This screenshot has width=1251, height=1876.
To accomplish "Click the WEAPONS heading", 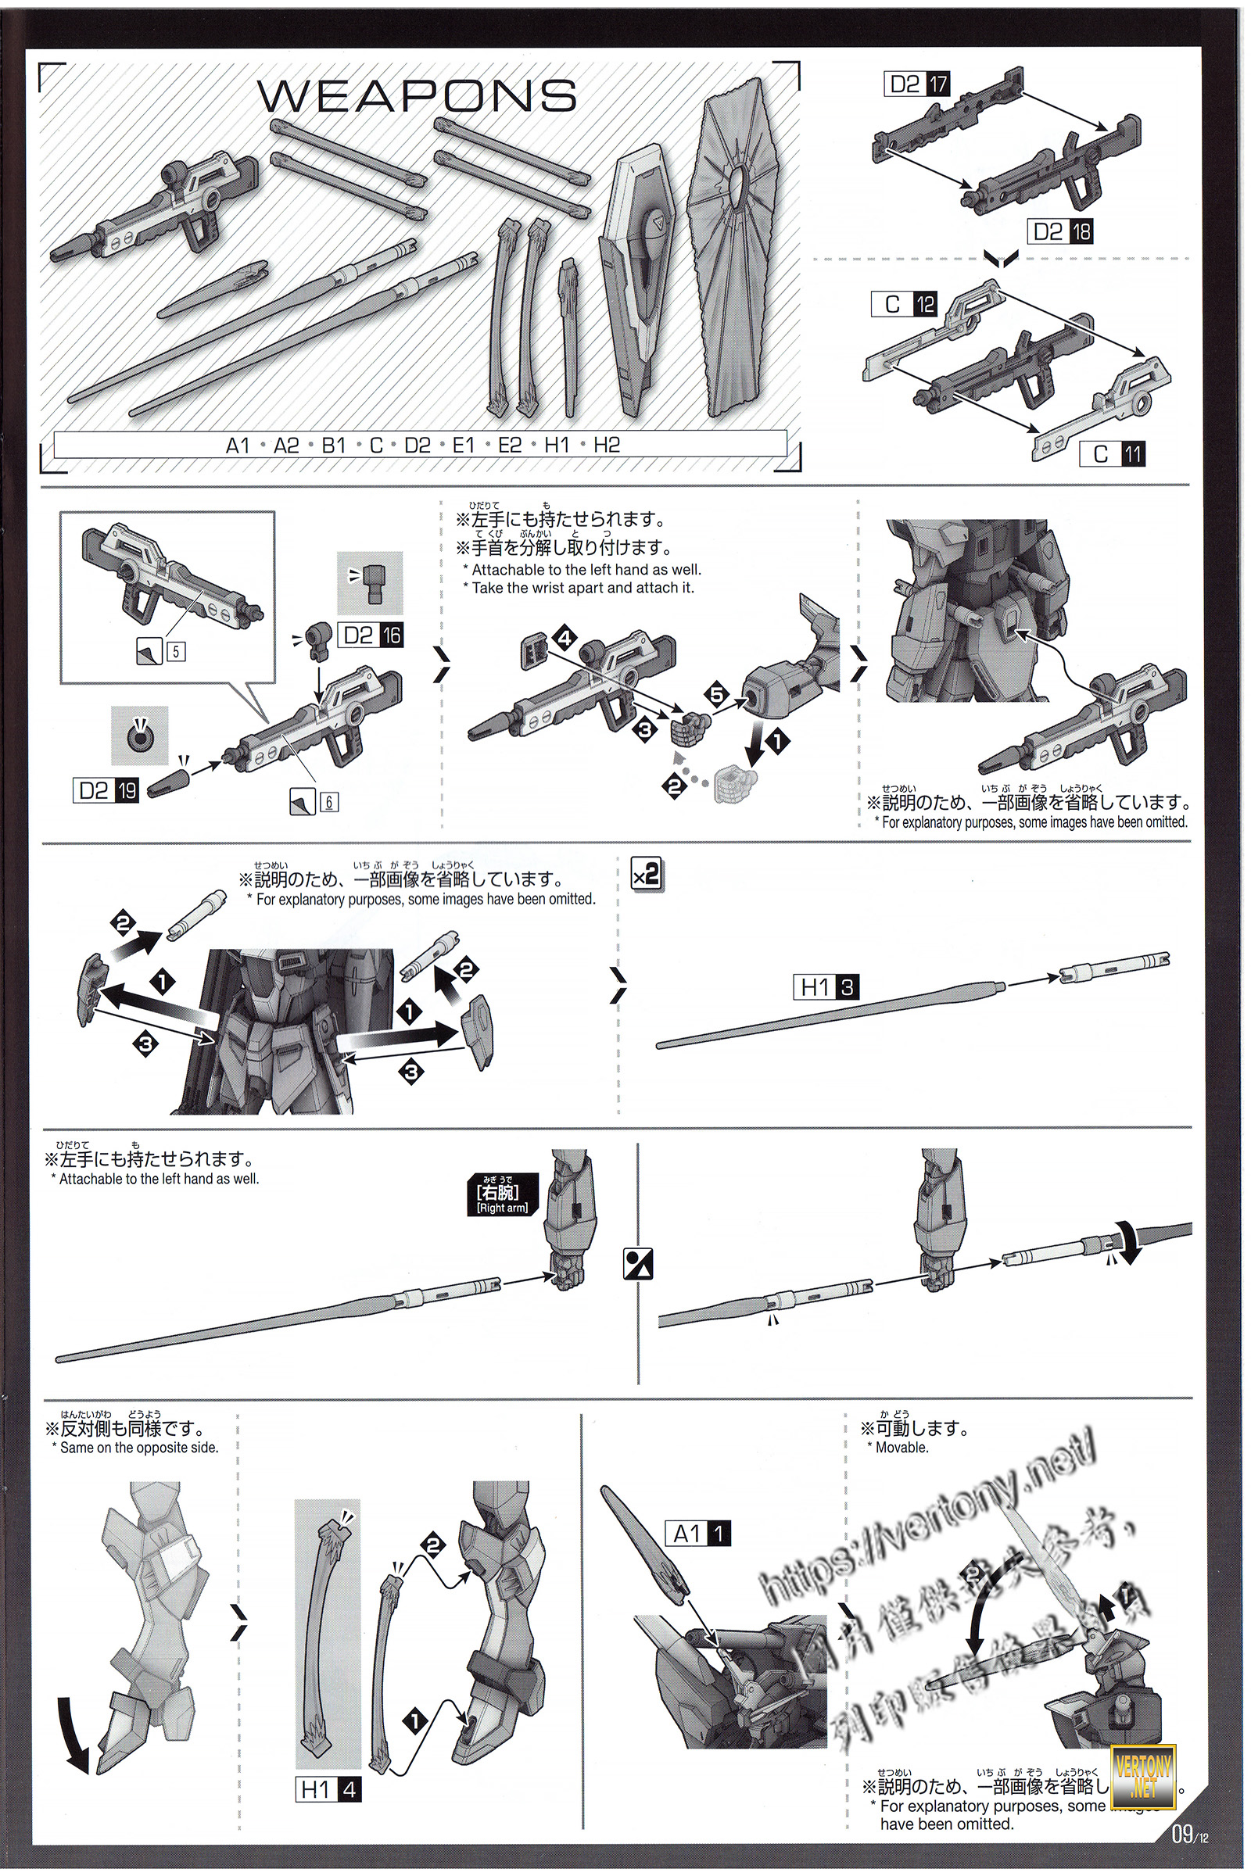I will (418, 96).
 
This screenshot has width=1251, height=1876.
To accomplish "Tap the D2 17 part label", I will (917, 84).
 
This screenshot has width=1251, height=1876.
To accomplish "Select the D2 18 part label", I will (1060, 232).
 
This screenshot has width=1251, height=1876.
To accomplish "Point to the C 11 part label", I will (1112, 454).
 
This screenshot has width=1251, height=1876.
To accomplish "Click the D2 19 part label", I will (106, 790).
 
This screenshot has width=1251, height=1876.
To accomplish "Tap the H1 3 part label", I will (826, 987).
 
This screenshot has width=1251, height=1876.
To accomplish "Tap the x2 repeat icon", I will (646, 875).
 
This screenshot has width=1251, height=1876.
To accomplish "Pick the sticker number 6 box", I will (328, 803).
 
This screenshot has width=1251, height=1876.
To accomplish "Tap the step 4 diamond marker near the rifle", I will (565, 638).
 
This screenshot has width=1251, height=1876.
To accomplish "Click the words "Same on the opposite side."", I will (139, 1447).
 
